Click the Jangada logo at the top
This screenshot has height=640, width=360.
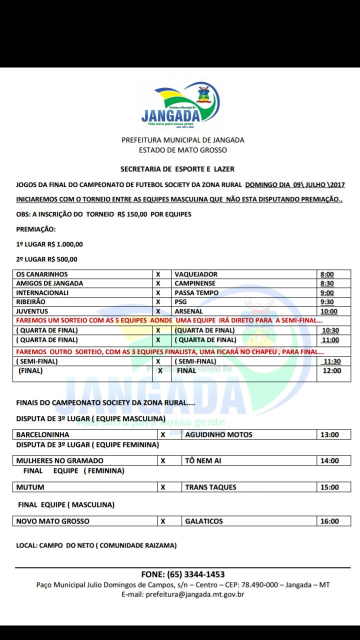pyautogui.click(x=180, y=104)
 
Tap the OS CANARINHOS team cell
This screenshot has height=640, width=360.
pyautogui.click(x=42, y=274)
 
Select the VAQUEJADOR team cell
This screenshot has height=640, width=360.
pyautogui.click(x=196, y=274)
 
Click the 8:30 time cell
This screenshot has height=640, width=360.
pyautogui.click(x=327, y=283)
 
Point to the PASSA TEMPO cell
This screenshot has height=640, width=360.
pyautogui.click(x=196, y=292)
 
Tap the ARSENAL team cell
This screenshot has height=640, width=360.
pyautogui.click(x=189, y=311)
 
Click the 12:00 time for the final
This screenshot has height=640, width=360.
pyautogui.click(x=332, y=371)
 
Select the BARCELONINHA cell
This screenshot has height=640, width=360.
pyautogui.click(x=43, y=434)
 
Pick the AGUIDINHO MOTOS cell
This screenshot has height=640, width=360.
pyautogui.click(x=218, y=434)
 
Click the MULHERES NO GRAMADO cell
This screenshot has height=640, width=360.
pyautogui.click(x=60, y=460)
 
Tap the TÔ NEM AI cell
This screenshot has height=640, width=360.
pyautogui.click(x=203, y=460)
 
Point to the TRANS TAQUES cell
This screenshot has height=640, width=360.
pyautogui.click(x=210, y=487)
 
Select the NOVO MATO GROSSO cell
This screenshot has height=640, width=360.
pyautogui.click(x=53, y=521)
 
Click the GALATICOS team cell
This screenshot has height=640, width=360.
pyautogui.click(x=204, y=521)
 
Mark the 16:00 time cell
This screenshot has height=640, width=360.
pyautogui.click(x=329, y=521)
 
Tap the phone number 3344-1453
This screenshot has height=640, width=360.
pyautogui.click(x=200, y=574)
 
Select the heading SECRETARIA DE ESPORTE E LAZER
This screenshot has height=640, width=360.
pyautogui.click(x=177, y=169)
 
